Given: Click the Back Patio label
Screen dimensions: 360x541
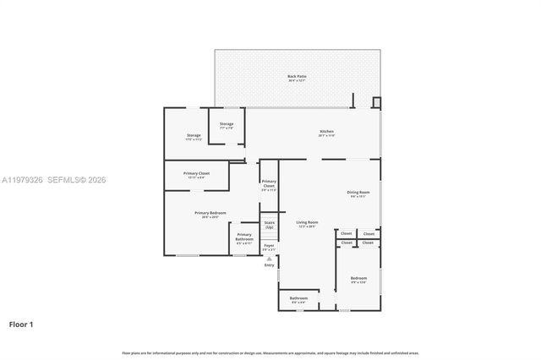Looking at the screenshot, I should pyautogui.click(x=297, y=78).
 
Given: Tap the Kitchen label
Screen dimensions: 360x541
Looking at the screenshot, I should pyautogui.click(x=326, y=133).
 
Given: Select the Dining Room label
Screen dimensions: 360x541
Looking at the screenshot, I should pyautogui.click(x=359, y=194).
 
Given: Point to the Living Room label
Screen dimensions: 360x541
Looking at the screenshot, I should pyautogui.click(x=306, y=224).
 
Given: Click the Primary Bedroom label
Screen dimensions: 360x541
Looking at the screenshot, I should pyautogui.click(x=210, y=215).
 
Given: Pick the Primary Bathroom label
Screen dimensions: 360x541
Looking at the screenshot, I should pyautogui.click(x=243, y=237).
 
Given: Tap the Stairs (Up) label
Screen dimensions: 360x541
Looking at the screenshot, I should pyautogui.click(x=269, y=226).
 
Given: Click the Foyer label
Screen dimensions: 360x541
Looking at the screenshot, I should pyautogui.click(x=269, y=248).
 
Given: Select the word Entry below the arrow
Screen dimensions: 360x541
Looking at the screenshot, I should pyautogui.click(x=269, y=265).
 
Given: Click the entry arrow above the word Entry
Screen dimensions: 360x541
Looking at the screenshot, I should pyautogui.click(x=269, y=258).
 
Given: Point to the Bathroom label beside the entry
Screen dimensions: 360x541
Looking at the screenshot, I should pyautogui.click(x=298, y=299).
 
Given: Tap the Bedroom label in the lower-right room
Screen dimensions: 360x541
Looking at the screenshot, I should pyautogui.click(x=358, y=279).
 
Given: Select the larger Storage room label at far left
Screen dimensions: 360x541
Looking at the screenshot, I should pyautogui.click(x=194, y=137).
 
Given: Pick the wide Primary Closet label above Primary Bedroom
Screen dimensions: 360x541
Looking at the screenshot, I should pyautogui.click(x=196, y=175).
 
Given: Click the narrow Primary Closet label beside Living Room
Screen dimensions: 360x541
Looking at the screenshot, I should pyautogui.click(x=269, y=185).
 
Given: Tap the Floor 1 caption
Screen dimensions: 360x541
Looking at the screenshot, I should pyautogui.click(x=21, y=324).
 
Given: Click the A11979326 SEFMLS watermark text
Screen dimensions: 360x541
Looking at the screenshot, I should pyautogui.click(x=54, y=179).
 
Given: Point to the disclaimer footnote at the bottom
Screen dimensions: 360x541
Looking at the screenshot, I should pyautogui.click(x=270, y=352).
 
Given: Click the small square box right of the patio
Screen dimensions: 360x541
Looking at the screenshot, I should pyautogui.click(x=377, y=103).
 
